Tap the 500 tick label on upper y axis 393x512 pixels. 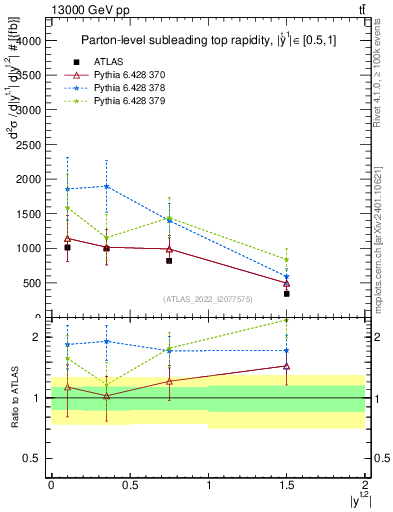point(32,283)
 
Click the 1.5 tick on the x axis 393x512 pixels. point(287,485)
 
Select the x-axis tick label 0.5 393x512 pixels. point(129,485)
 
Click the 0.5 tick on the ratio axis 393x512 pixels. point(36,458)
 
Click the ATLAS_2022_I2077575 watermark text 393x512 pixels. point(209,299)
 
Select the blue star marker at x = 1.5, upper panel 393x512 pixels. point(287,277)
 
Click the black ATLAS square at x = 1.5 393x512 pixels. point(287,294)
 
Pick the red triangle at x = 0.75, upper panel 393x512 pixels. point(169,249)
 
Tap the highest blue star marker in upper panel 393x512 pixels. point(106,186)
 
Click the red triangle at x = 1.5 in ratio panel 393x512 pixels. point(287,366)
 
